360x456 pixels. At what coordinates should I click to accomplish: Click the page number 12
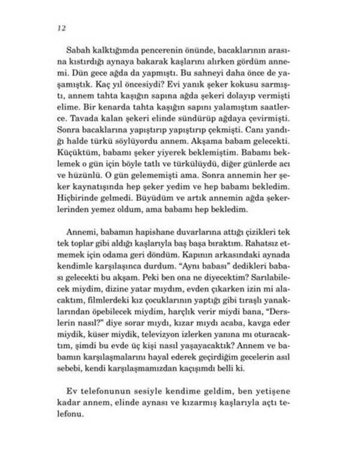(x=61, y=28)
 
